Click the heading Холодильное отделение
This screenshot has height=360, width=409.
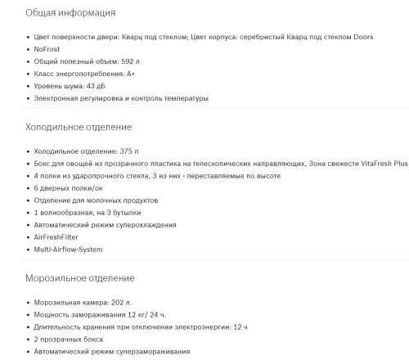coord(79,127)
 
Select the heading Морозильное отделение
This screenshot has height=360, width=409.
coord(79,277)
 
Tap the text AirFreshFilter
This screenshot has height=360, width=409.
coord(63,236)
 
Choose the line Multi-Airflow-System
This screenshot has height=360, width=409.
coord(69,249)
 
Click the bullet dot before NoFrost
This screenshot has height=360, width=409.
coord(27,49)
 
